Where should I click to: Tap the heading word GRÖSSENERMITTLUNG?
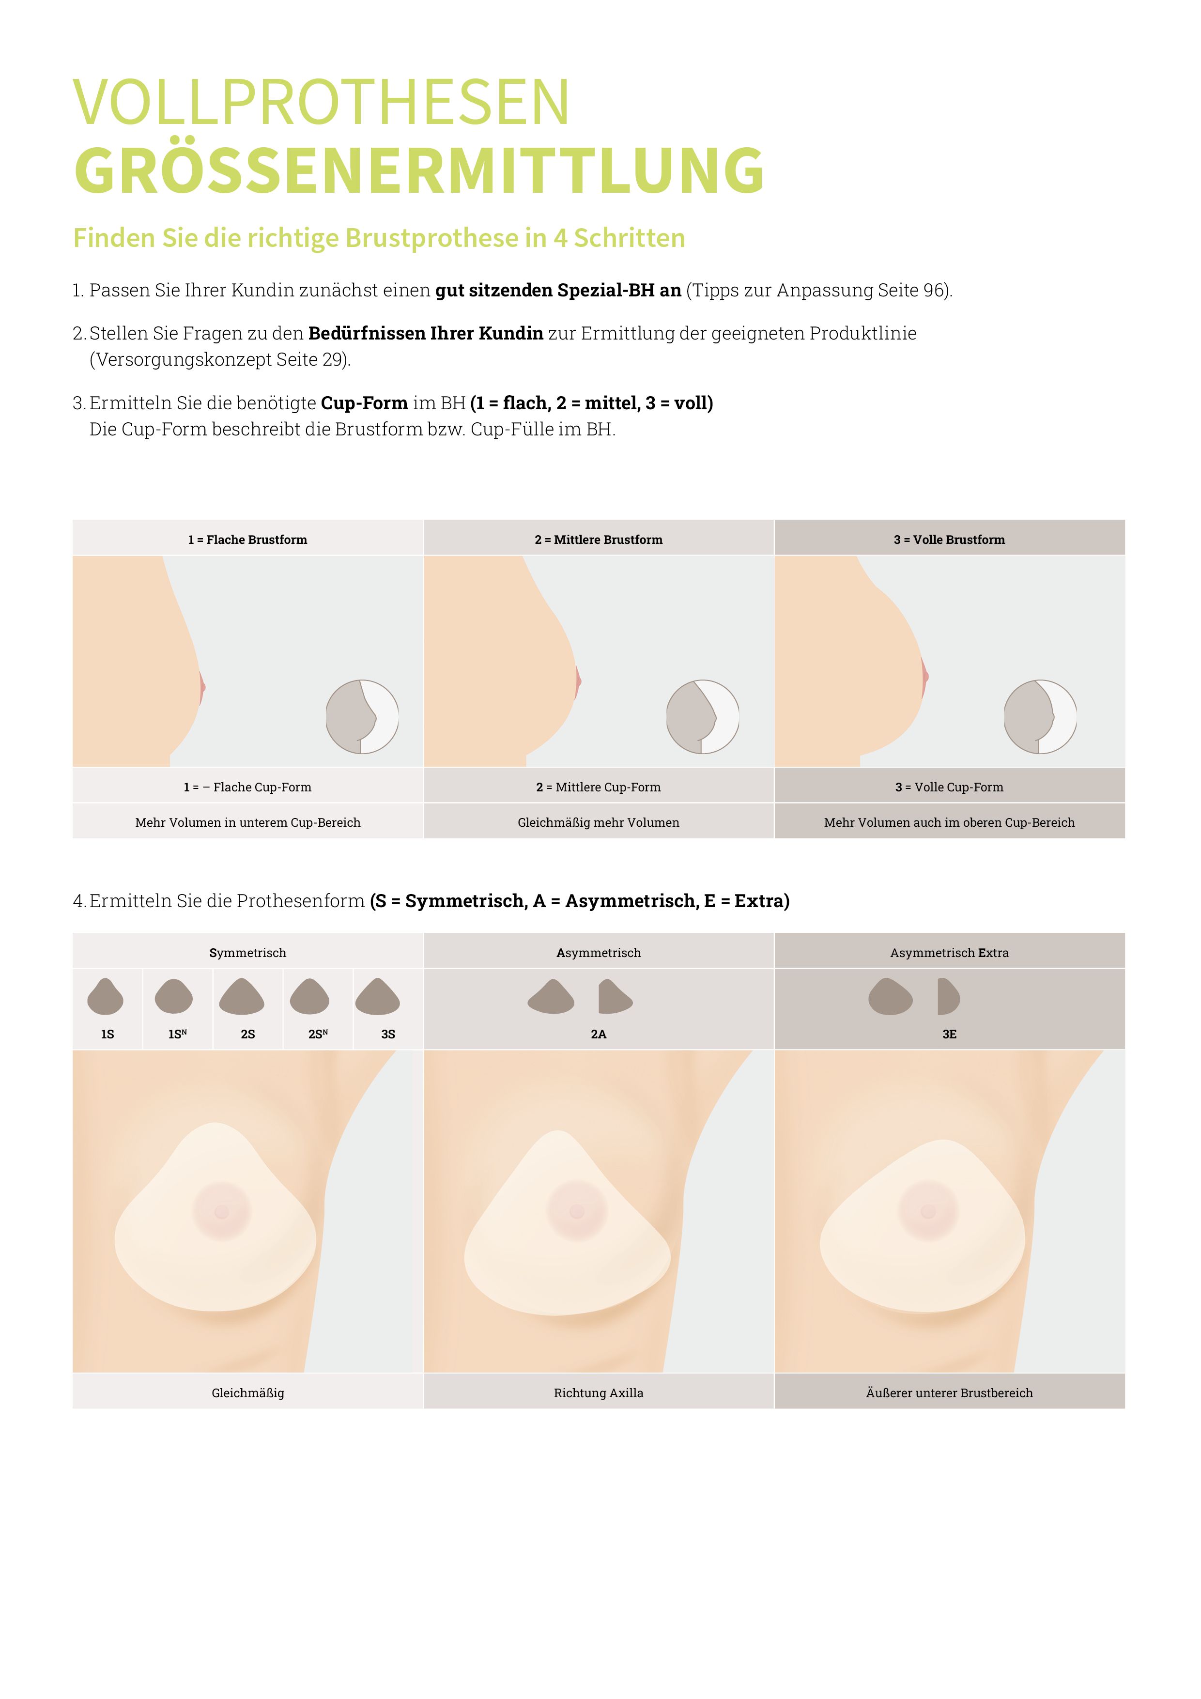(x=419, y=171)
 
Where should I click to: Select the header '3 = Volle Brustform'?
(x=949, y=540)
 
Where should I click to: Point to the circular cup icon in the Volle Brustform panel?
(x=1040, y=716)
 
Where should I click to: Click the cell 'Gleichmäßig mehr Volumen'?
(x=598, y=822)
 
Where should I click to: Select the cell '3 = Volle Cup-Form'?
(x=949, y=787)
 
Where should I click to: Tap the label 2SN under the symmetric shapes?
(x=318, y=1034)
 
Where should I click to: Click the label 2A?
(x=598, y=1034)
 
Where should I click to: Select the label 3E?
(x=949, y=1034)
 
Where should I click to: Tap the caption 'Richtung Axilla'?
(x=598, y=1392)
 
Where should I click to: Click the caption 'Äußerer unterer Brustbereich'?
(x=949, y=1392)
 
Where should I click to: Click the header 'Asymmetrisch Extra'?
(x=949, y=952)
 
